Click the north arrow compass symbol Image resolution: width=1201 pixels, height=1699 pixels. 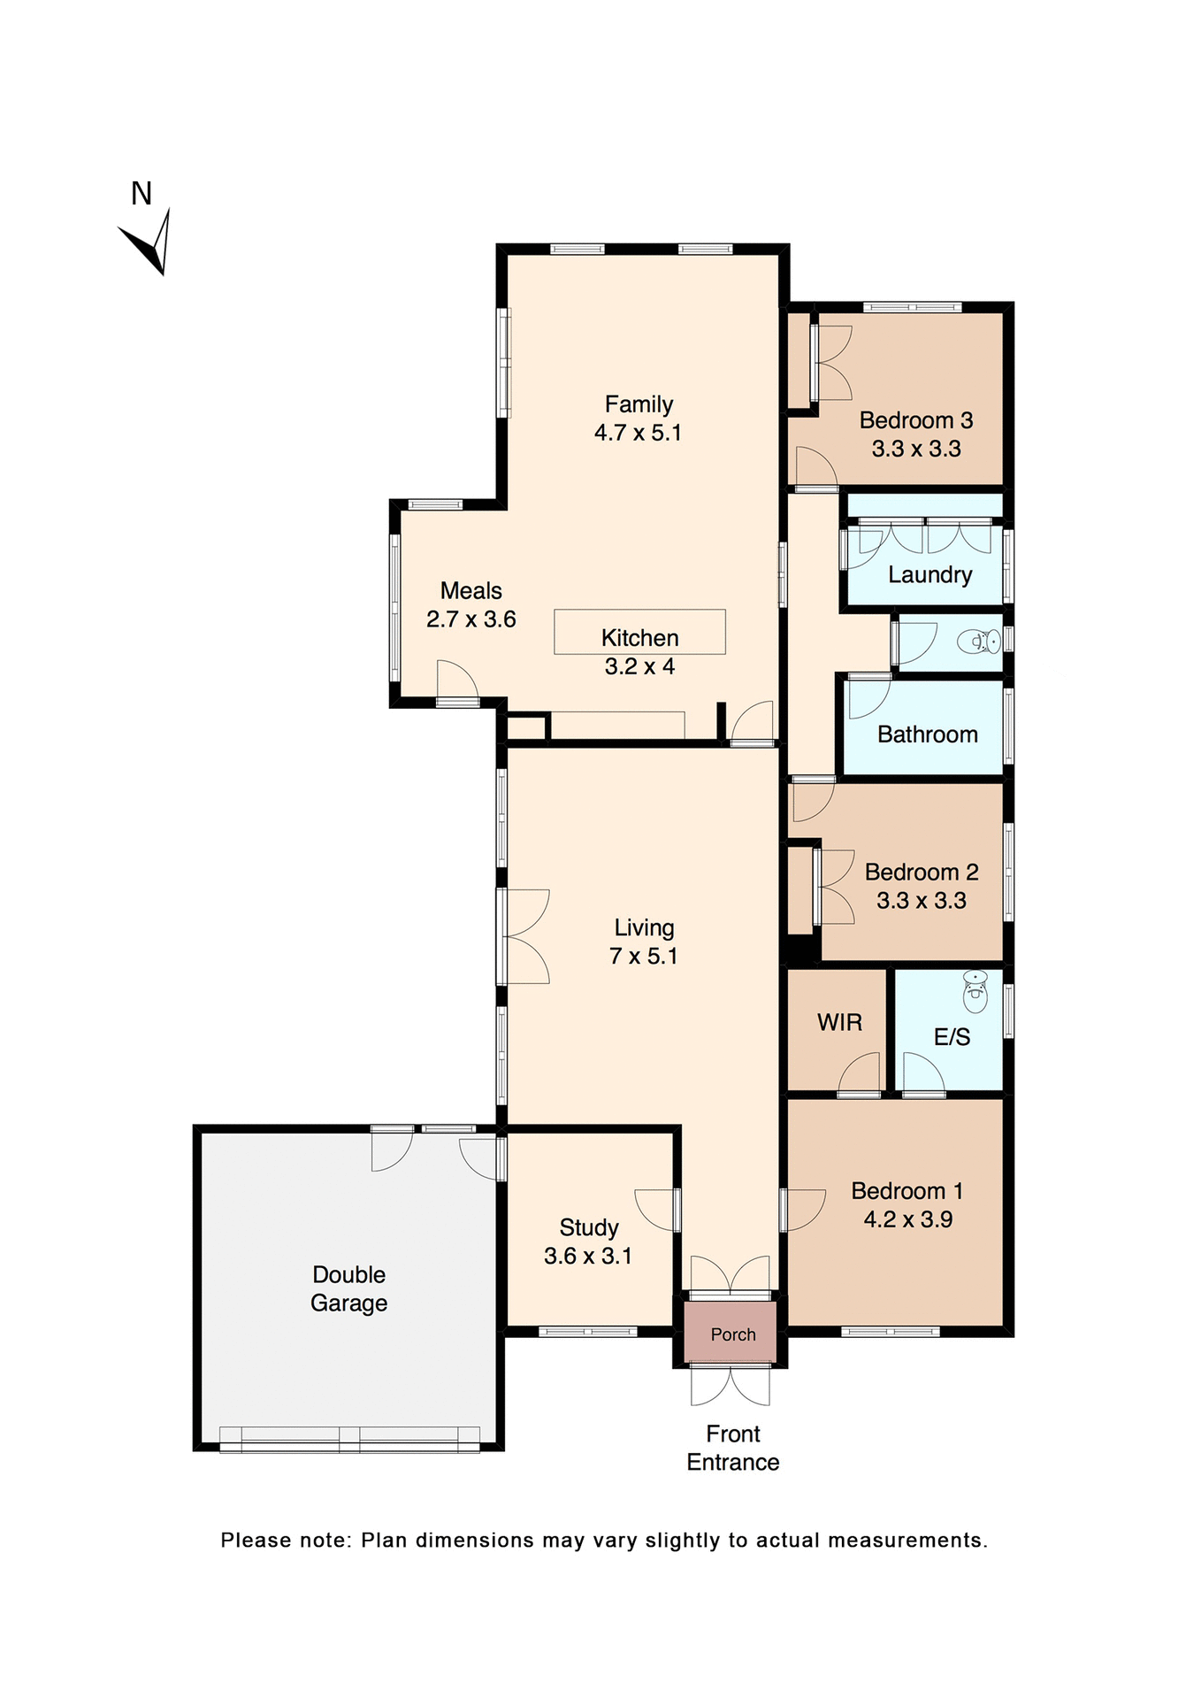149,243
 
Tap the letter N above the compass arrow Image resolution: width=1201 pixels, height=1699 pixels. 142,194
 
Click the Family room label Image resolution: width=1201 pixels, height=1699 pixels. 639,404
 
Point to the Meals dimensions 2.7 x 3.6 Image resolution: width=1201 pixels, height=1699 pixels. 470,619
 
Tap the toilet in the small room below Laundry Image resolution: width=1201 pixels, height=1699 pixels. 980,640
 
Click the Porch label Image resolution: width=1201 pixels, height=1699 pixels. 733,1334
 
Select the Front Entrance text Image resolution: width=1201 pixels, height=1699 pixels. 733,1448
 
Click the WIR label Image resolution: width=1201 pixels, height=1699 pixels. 839,1023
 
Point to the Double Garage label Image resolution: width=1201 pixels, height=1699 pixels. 348,1288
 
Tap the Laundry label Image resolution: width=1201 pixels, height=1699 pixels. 929,575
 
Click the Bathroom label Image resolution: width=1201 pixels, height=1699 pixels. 927,734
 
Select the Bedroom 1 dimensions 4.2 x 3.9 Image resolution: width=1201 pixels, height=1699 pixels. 907,1219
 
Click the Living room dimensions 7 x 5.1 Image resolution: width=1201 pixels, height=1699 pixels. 643,957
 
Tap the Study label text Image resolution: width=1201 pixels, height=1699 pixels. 588,1227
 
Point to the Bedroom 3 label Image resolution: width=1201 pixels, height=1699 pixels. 916,420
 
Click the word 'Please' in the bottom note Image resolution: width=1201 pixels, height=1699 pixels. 255,1541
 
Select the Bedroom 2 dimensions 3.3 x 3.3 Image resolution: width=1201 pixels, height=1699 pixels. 921,901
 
